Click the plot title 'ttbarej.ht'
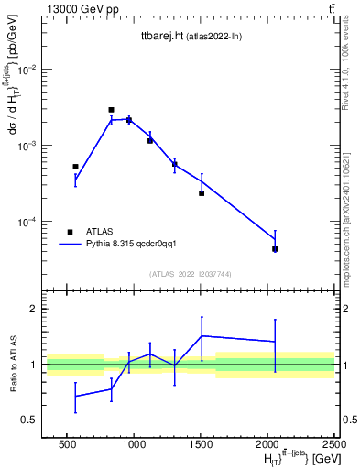(159, 36)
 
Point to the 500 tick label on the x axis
(67, 444)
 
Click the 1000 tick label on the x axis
(135, 444)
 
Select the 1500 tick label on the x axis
(202, 444)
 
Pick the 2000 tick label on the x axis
(268, 444)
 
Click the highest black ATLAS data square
(111, 110)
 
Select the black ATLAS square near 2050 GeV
(275, 249)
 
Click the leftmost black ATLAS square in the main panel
(75, 167)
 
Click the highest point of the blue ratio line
(202, 336)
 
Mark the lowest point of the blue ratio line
(75, 397)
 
